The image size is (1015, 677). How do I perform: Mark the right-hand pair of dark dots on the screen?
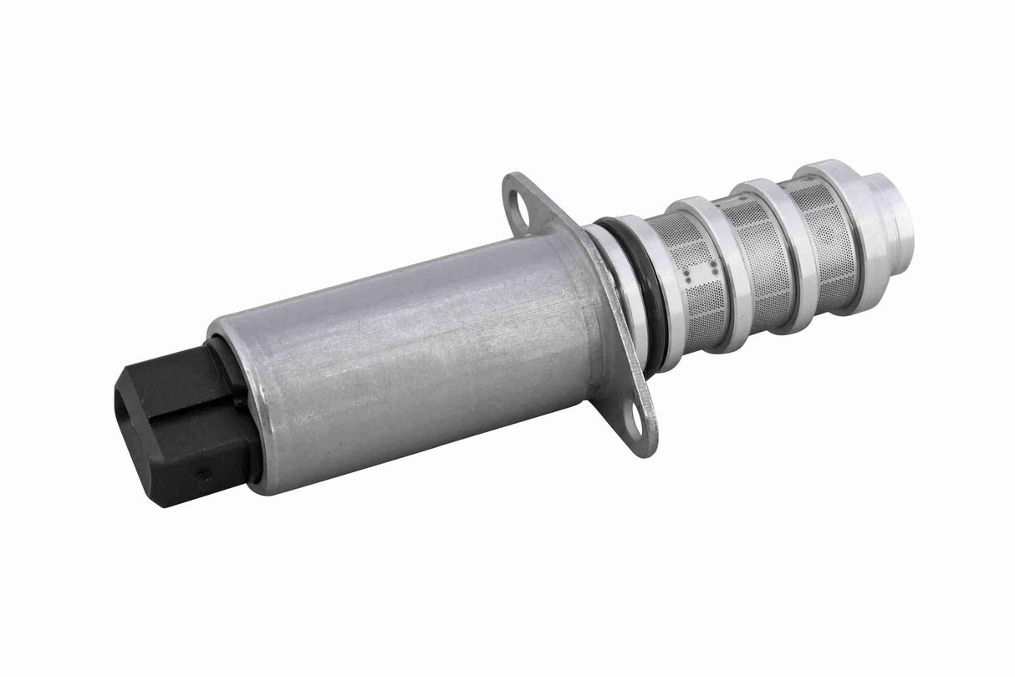click(713, 269)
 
